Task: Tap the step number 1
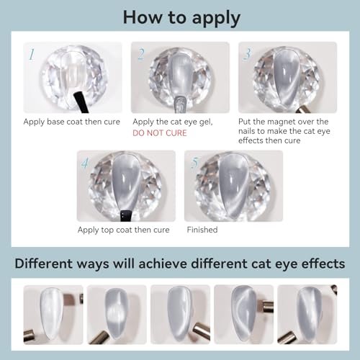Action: pyautogui.click(x=31, y=54)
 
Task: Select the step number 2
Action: pyautogui.click(x=141, y=54)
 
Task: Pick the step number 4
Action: pyautogui.click(x=85, y=163)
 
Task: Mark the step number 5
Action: pyautogui.click(x=192, y=163)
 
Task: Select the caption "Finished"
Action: pyautogui.click(x=203, y=230)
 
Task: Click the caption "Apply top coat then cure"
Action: pyautogui.click(x=124, y=230)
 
